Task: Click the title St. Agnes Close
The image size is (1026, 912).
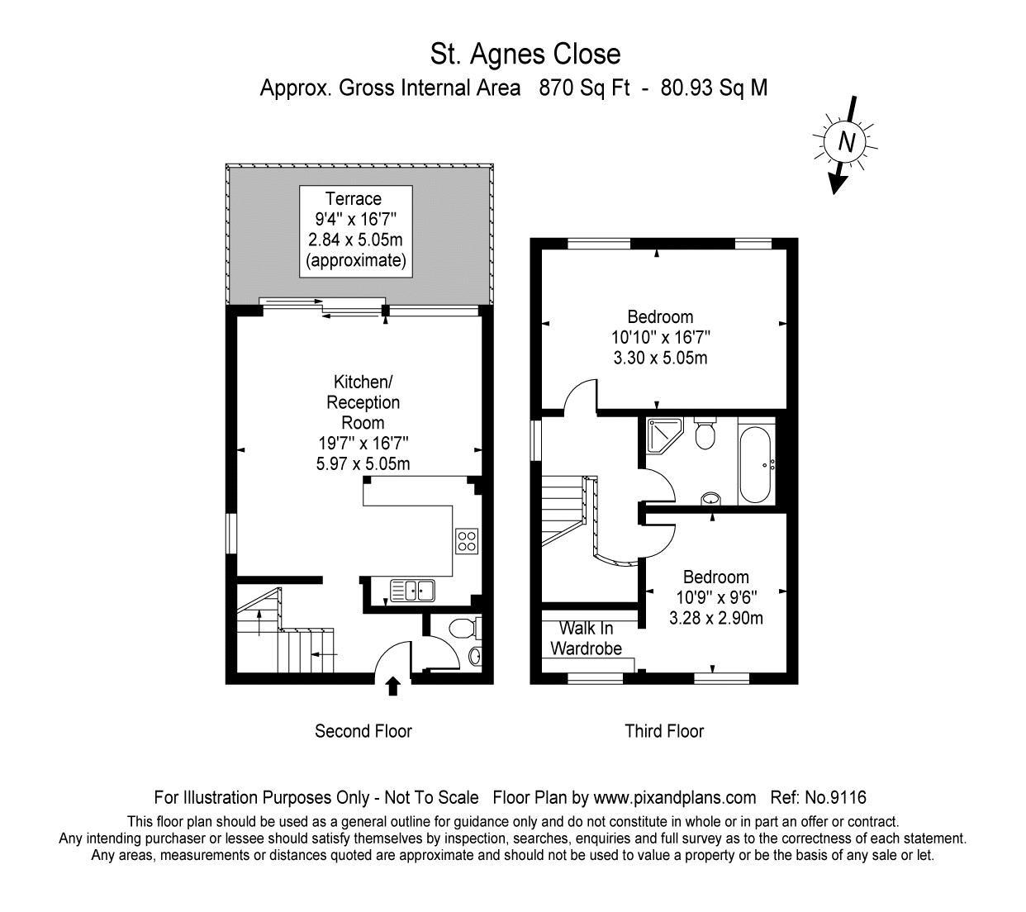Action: [x=525, y=55]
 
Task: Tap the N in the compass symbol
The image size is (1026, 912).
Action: [x=846, y=142]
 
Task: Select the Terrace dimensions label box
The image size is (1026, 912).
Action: [x=355, y=231]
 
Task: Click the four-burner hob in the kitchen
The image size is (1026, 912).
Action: [x=467, y=541]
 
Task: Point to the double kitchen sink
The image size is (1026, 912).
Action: [x=412, y=591]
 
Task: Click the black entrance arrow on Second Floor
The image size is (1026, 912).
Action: [x=393, y=686]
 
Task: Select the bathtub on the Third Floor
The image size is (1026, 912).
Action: [x=754, y=464]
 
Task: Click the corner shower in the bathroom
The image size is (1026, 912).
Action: [x=664, y=435]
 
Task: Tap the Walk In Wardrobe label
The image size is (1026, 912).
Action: [x=586, y=638]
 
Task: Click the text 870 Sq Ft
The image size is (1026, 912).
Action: [x=584, y=88]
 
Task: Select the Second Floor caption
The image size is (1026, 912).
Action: [x=363, y=731]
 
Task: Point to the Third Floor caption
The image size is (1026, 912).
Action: [x=664, y=731]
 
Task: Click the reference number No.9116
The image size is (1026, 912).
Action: [x=836, y=797]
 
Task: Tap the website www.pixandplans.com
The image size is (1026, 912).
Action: [x=675, y=798]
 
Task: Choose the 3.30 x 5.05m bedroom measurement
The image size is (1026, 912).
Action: [x=660, y=358]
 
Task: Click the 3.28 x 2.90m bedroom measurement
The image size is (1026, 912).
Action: [x=715, y=618]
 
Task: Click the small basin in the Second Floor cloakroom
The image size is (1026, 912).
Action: [x=475, y=656]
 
